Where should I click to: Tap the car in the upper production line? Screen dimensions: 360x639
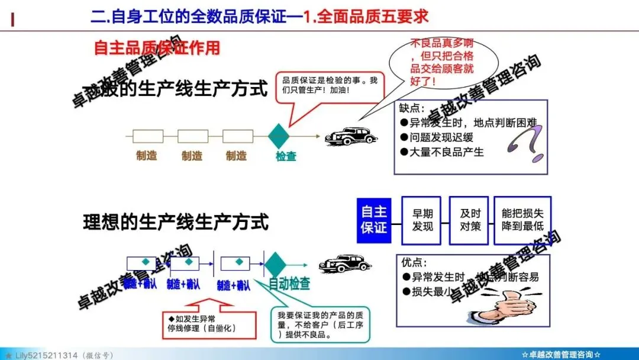(350, 136)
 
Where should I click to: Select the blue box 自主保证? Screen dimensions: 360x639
(374, 220)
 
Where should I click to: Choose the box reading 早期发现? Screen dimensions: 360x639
(422, 220)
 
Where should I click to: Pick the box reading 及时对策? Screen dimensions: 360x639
(470, 220)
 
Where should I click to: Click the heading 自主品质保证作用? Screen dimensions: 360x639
(157, 47)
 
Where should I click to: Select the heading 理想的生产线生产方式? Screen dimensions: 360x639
(176, 222)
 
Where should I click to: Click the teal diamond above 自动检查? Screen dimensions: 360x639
(275, 264)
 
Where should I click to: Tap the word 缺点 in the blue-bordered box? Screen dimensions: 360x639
(412, 108)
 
